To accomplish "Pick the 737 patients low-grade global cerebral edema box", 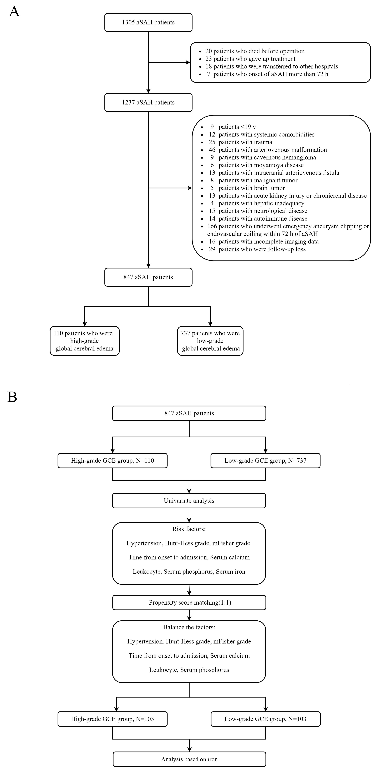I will coord(210,341).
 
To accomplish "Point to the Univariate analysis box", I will coord(189,501).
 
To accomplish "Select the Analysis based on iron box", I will coord(189,759).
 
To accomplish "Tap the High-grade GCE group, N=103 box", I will coord(112,719).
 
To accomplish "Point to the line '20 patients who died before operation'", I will coord(255,51).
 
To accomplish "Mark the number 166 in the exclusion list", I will coord(212,226).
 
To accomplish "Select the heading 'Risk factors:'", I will coord(189,529).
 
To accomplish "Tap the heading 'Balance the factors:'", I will coord(189,627).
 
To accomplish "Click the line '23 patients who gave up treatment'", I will coord(250,59).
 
